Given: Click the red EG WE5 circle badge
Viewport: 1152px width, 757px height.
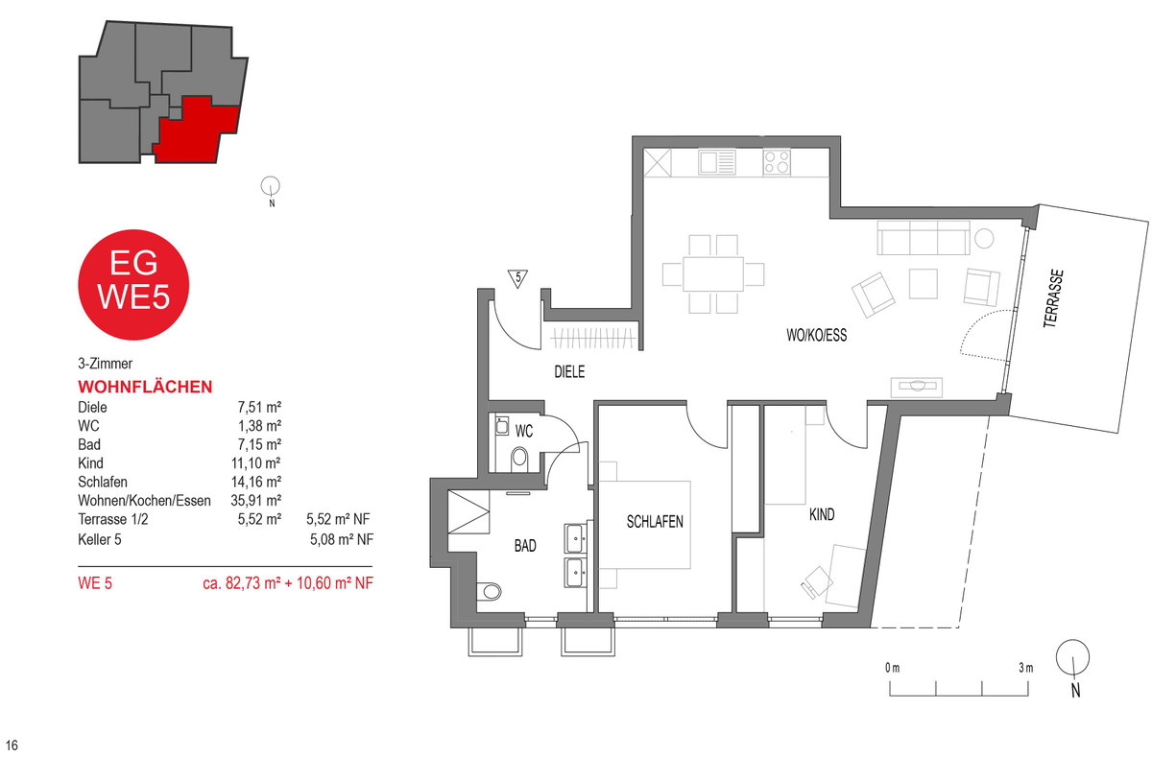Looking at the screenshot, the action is [x=133, y=285].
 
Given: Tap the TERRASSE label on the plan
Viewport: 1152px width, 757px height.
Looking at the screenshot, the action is [x=1053, y=298].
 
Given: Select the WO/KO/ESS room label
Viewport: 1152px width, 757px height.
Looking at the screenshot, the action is [x=817, y=335].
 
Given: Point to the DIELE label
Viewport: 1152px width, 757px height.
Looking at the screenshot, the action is [x=569, y=371].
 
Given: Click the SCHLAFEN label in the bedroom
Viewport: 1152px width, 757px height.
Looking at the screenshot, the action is [x=655, y=522].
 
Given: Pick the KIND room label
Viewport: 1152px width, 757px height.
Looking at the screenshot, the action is [x=822, y=514].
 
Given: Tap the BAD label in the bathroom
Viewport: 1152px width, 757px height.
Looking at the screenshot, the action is [x=525, y=545].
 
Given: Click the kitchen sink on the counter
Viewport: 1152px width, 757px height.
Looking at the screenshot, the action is [x=717, y=162].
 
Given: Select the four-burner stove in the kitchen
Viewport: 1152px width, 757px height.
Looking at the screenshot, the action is [x=777, y=162].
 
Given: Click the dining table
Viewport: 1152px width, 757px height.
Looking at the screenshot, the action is [x=713, y=273].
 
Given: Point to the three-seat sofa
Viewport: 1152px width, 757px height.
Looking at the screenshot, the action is [x=924, y=238].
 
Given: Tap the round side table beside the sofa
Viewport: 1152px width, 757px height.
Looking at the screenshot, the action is [x=984, y=239].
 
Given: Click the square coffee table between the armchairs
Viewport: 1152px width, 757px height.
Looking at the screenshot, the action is [x=924, y=284].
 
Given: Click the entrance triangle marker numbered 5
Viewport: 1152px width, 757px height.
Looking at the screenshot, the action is [x=517, y=278].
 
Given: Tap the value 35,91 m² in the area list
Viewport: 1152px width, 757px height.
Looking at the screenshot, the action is [x=255, y=500].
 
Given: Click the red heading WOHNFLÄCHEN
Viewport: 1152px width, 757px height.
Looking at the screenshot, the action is [x=145, y=387].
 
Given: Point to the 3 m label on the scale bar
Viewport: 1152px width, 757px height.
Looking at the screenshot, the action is [x=1025, y=668].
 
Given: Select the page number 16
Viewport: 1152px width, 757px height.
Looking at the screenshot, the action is [x=12, y=745].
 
